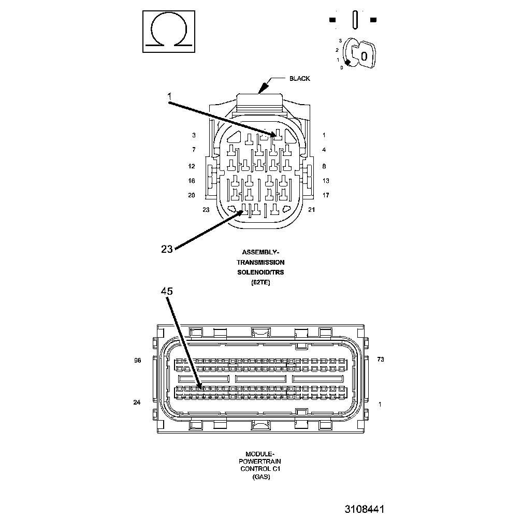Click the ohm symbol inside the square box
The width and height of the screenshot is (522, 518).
pos(169,32)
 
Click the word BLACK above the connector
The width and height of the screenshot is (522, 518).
pos(299,79)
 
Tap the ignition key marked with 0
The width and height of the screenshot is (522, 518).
pos(362,54)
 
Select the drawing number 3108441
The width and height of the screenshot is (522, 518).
pos(365,509)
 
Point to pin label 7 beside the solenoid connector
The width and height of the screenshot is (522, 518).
pos(194,150)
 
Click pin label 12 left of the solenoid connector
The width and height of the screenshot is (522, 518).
pos(192,166)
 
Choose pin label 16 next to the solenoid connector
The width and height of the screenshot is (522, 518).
pos(192,181)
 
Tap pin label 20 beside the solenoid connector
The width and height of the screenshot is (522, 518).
pos(192,195)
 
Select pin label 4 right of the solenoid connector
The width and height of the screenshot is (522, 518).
pos(324,150)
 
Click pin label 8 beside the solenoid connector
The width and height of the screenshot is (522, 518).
pos(324,166)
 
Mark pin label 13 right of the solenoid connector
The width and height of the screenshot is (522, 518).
pos(326,181)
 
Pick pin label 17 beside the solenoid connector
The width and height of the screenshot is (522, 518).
pos(326,195)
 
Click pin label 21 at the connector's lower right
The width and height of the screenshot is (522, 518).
pos(311,210)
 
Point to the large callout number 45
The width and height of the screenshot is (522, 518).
pos(167,292)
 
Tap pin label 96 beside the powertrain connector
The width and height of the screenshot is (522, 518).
pos(137,360)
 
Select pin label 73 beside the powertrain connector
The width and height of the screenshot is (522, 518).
pos(380,360)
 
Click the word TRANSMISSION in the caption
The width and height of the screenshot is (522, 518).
pos(260,262)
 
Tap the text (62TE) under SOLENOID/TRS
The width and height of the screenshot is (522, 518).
pos(260,282)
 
